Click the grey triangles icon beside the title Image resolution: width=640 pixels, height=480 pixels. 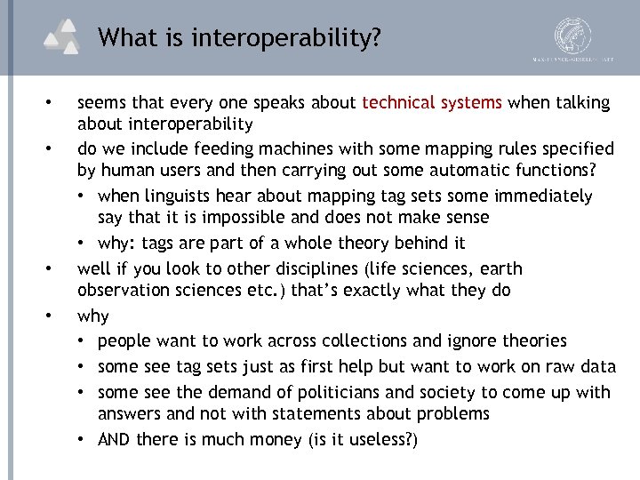pos(65,36)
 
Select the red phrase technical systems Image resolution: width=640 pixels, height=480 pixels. pos(432,102)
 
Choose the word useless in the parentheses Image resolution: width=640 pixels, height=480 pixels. pos(376,440)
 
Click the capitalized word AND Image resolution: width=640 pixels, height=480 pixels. pos(114,440)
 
